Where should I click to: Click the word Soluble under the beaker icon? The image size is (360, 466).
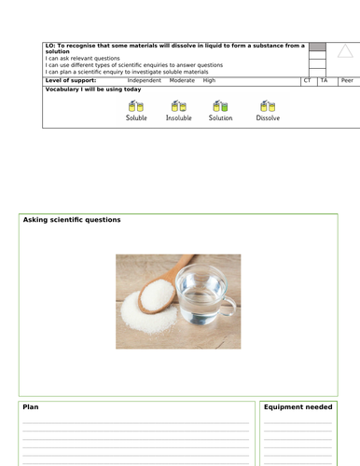point(136,119)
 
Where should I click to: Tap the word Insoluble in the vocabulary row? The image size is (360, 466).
point(178,119)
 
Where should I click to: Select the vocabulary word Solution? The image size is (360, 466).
point(221,119)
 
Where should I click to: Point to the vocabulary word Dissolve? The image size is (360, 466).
point(268,119)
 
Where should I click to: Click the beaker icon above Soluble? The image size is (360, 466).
point(136,106)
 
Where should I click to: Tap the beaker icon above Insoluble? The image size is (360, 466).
point(178,106)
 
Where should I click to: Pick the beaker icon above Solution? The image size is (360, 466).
point(221,106)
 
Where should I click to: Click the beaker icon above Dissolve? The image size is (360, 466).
point(268,106)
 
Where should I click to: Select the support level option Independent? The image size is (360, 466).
point(144,81)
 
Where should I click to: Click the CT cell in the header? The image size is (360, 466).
point(308,81)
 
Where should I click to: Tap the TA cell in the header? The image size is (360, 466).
point(324,81)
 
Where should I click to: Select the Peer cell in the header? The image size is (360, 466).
point(346,81)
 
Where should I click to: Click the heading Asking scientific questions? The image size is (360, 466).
point(72,220)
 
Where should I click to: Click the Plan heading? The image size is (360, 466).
point(31,407)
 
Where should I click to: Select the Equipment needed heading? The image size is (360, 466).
point(298,407)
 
